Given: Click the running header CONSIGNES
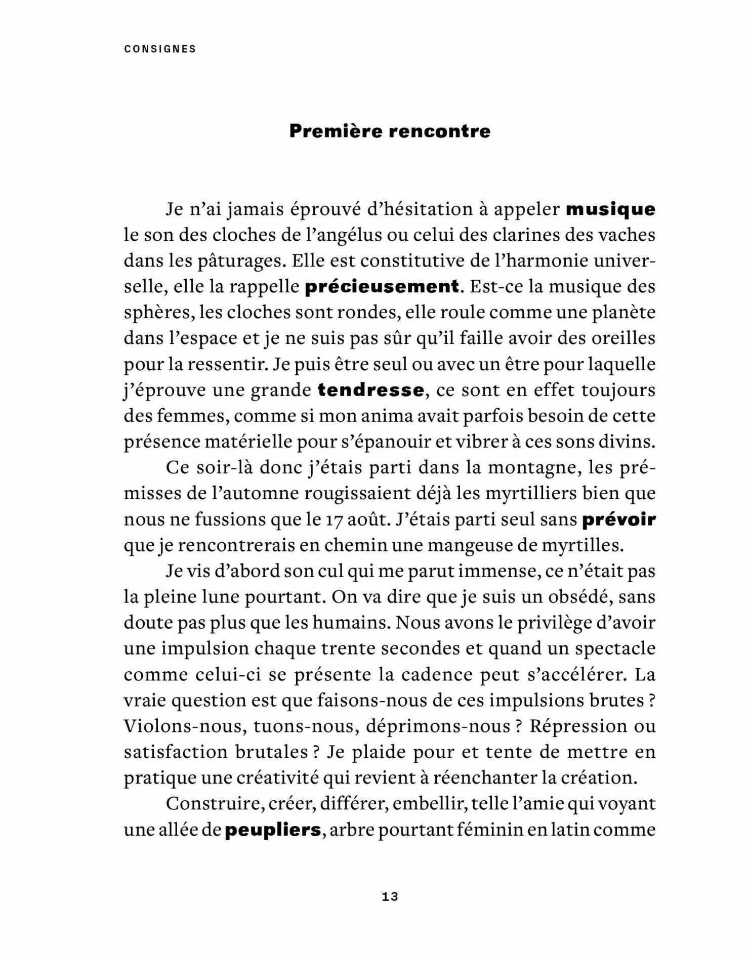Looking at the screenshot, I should pyautogui.click(x=160, y=49).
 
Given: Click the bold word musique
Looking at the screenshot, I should pyautogui.click(x=610, y=209).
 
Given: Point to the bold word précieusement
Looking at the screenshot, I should pyautogui.click(x=382, y=287).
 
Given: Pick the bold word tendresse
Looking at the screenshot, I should pyautogui.click(x=370, y=390).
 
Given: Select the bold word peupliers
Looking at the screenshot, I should pyautogui.click(x=273, y=830).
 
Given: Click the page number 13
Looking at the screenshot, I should pyautogui.click(x=390, y=897).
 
